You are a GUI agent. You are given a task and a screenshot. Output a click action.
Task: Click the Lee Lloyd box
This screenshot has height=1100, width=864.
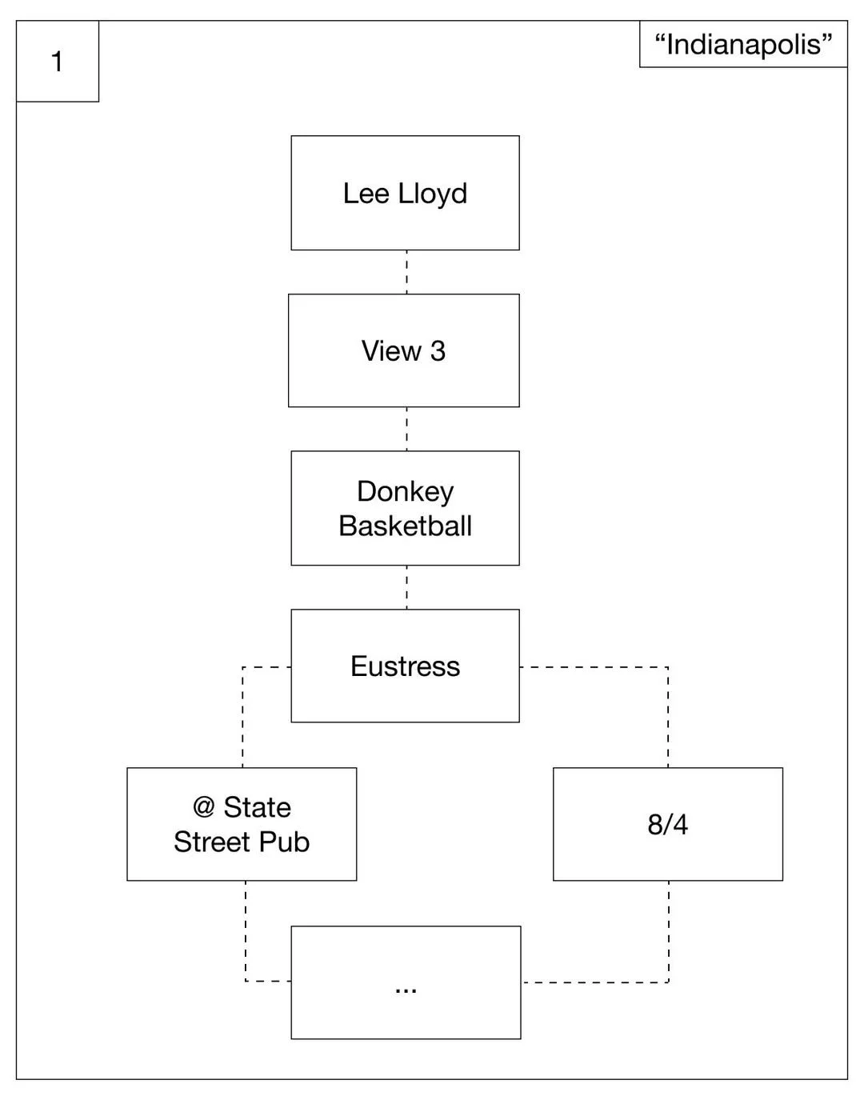pyautogui.click(x=405, y=193)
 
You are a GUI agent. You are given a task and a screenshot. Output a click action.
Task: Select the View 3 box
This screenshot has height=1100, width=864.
pyautogui.click(x=404, y=350)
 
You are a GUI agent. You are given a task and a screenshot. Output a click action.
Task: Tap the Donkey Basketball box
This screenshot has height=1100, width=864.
pyautogui.click(x=405, y=508)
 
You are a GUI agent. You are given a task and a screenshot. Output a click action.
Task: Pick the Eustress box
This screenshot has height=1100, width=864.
pyautogui.click(x=405, y=666)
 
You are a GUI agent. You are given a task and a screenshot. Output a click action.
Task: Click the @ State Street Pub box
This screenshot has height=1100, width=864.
pyautogui.click(x=242, y=824)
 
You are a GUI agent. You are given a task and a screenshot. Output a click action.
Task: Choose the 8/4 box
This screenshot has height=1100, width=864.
pyautogui.click(x=668, y=824)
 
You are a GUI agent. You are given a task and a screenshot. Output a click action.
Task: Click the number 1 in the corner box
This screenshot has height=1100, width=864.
pyautogui.click(x=57, y=62)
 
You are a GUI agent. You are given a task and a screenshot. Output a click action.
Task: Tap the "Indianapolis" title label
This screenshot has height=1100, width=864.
pyautogui.click(x=743, y=45)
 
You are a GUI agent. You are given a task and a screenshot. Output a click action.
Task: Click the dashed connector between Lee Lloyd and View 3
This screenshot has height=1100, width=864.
pyautogui.click(x=406, y=272)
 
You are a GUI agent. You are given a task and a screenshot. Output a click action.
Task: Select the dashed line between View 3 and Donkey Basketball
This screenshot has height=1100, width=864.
pyautogui.click(x=406, y=429)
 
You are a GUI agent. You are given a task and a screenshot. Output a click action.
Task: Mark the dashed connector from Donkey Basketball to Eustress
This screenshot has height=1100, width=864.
pyautogui.click(x=406, y=587)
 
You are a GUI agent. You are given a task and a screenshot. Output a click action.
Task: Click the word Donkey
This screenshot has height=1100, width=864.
pyautogui.click(x=406, y=492)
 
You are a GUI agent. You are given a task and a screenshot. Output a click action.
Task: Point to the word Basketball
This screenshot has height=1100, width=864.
pyautogui.click(x=406, y=526)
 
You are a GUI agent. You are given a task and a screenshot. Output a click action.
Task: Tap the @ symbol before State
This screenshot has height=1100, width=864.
pyautogui.click(x=204, y=807)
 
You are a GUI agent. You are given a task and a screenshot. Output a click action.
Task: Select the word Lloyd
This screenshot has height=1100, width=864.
pyautogui.click(x=433, y=194)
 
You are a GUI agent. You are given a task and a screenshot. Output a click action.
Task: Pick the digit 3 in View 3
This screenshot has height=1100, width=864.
pyautogui.click(x=438, y=351)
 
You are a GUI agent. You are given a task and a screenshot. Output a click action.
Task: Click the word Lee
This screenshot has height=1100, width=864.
pyautogui.click(x=366, y=194)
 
